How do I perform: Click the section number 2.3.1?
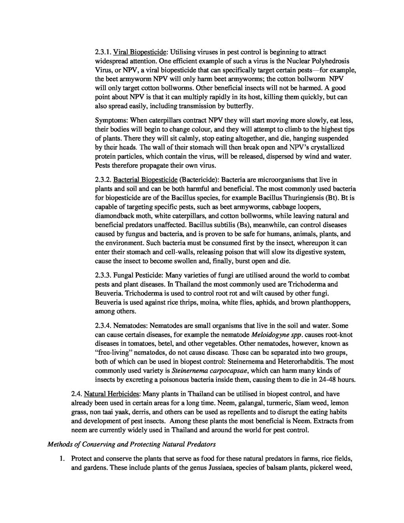(x=103, y=52)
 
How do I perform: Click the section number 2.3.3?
(x=103, y=275)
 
